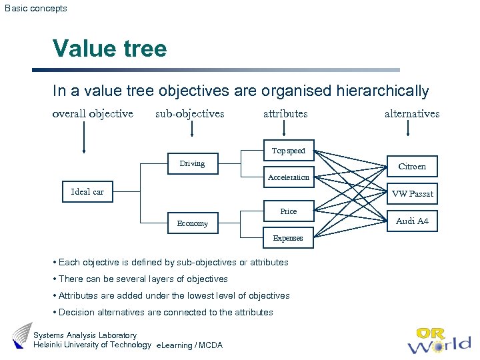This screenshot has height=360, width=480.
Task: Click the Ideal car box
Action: pos(87,192)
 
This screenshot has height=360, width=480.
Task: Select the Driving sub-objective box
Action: pos(192,164)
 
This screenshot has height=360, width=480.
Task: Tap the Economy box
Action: pos(192,223)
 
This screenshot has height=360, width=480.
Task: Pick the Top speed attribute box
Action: pos(288,151)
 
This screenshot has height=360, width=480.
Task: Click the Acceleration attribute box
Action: pos(288,177)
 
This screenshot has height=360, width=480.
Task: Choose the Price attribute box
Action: pos(288,211)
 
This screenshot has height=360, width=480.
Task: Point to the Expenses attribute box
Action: pos(288,238)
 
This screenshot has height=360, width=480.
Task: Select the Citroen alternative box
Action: pos(412,167)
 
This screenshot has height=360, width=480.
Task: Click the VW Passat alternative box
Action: pos(412,194)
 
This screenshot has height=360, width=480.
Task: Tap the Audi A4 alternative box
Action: pos(412,221)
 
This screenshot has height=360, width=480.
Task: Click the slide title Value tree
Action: pos(110,49)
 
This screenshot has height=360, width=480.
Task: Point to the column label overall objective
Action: pos(93,113)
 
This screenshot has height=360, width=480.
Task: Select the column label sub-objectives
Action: pos(190,113)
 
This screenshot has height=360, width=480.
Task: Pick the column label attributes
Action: pos(285,113)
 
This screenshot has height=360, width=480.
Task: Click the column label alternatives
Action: pos(412,113)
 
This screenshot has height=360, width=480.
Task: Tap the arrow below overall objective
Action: pos(84,140)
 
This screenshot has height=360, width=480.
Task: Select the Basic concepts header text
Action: pos(36,9)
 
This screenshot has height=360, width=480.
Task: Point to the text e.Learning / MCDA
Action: pos(189,345)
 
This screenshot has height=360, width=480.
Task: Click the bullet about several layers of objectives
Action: pos(143,279)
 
